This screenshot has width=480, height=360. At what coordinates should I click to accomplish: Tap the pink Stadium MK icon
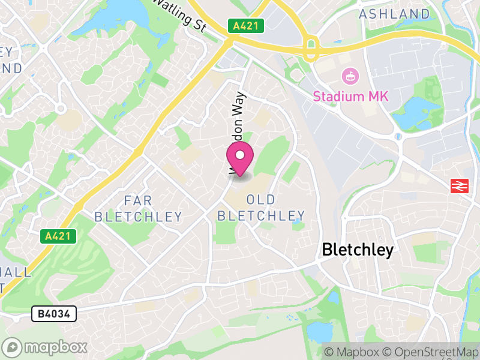[348, 76]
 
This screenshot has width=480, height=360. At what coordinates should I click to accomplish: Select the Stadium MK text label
[350, 96]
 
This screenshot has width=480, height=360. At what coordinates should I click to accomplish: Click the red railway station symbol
[459, 186]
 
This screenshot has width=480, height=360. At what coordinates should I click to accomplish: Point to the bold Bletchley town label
[358, 250]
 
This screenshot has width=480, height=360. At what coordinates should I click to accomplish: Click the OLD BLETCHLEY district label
[261, 207]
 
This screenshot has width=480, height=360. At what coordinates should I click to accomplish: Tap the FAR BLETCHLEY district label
[138, 208]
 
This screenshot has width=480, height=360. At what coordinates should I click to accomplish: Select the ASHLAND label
[394, 13]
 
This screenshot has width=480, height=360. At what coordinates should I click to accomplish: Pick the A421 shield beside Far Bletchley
[59, 236]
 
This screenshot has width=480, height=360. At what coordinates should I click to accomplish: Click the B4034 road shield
[54, 313]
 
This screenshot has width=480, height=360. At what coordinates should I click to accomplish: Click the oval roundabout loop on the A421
[311, 48]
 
